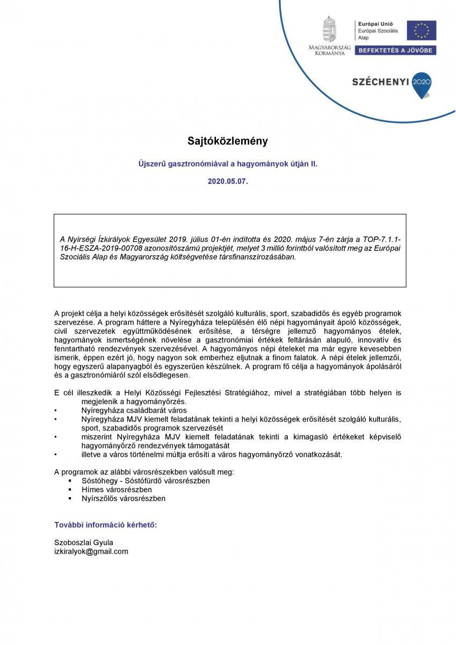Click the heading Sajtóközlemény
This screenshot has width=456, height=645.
227,141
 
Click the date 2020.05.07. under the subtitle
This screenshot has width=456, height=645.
228,182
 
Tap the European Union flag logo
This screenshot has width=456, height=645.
421,30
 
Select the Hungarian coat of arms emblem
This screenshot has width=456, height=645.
329,30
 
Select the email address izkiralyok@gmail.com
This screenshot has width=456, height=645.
91,551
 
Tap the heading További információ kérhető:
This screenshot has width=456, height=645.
106,525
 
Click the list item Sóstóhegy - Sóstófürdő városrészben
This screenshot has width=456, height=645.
146,481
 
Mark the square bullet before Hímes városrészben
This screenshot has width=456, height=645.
70,490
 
